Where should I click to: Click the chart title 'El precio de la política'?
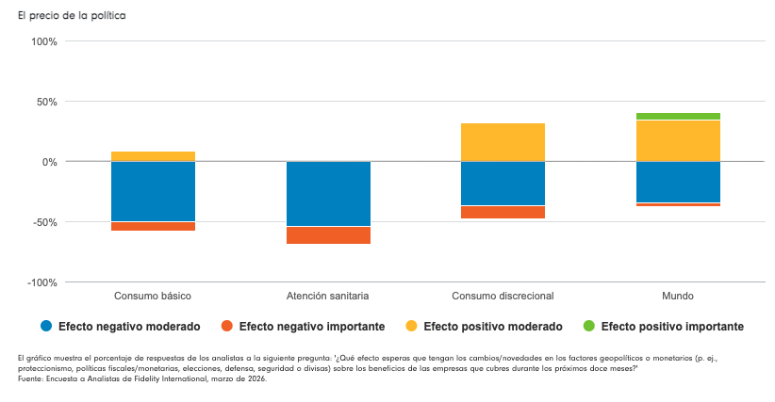[71, 16]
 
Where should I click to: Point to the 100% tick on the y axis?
[44, 41]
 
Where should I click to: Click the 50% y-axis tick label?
[47, 102]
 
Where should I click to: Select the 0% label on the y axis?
[50, 162]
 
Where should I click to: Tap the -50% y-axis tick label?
[45, 222]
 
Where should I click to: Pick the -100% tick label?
[42, 282]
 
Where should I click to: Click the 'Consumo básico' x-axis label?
[153, 296]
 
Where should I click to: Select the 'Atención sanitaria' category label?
[328, 296]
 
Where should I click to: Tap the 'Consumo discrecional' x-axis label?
[503, 296]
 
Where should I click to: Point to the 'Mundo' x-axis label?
[678, 296]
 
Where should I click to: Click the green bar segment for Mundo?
[678, 117]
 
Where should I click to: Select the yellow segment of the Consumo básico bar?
[153, 156]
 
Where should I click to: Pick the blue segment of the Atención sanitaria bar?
[328, 194]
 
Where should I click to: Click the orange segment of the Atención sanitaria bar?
[328, 235]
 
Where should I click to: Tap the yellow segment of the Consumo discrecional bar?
[503, 142]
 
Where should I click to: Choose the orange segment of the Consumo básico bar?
[153, 226]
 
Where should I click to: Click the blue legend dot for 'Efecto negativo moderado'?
[45, 327]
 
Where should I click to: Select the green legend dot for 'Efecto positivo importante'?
[589, 327]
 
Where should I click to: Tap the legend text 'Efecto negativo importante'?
[311, 327]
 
